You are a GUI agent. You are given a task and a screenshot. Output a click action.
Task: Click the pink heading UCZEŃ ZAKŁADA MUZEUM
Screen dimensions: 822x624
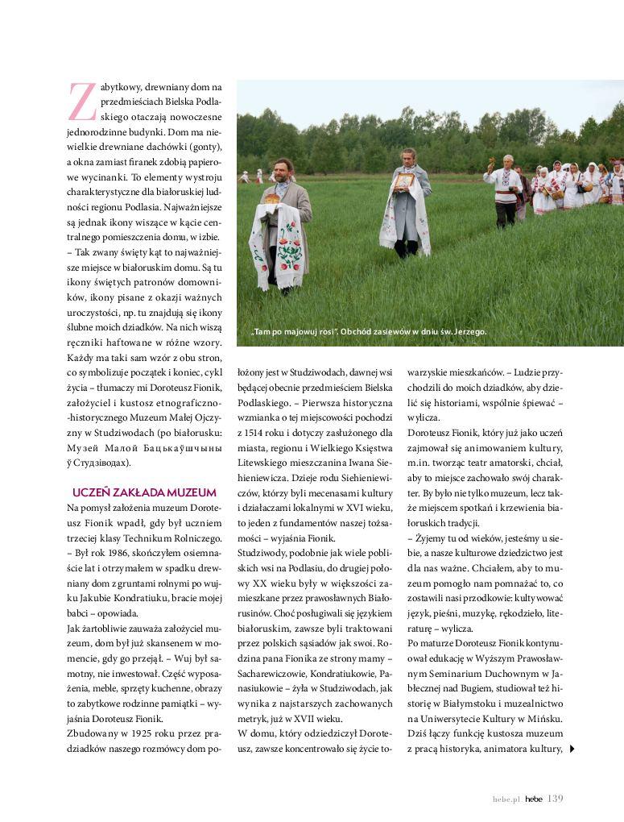(x=144, y=492)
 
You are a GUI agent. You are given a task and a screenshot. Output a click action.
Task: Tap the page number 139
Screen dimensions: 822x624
(x=556, y=799)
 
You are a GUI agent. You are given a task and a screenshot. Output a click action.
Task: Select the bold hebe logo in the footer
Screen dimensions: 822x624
(x=533, y=799)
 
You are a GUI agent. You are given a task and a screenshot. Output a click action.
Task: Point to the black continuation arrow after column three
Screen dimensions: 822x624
(x=572, y=749)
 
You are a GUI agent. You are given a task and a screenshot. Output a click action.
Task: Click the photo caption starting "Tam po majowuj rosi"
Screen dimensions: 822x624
(x=368, y=332)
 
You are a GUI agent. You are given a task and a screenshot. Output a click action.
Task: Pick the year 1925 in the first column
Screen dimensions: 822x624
(x=134, y=734)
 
